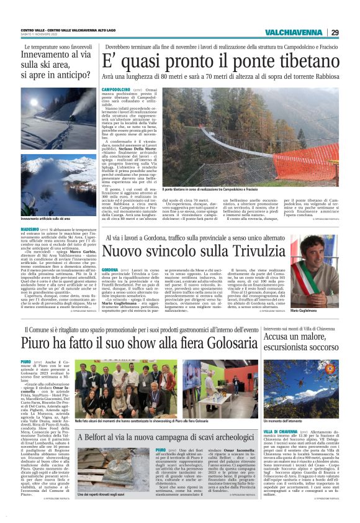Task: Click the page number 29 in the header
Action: click(x=334, y=32)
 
